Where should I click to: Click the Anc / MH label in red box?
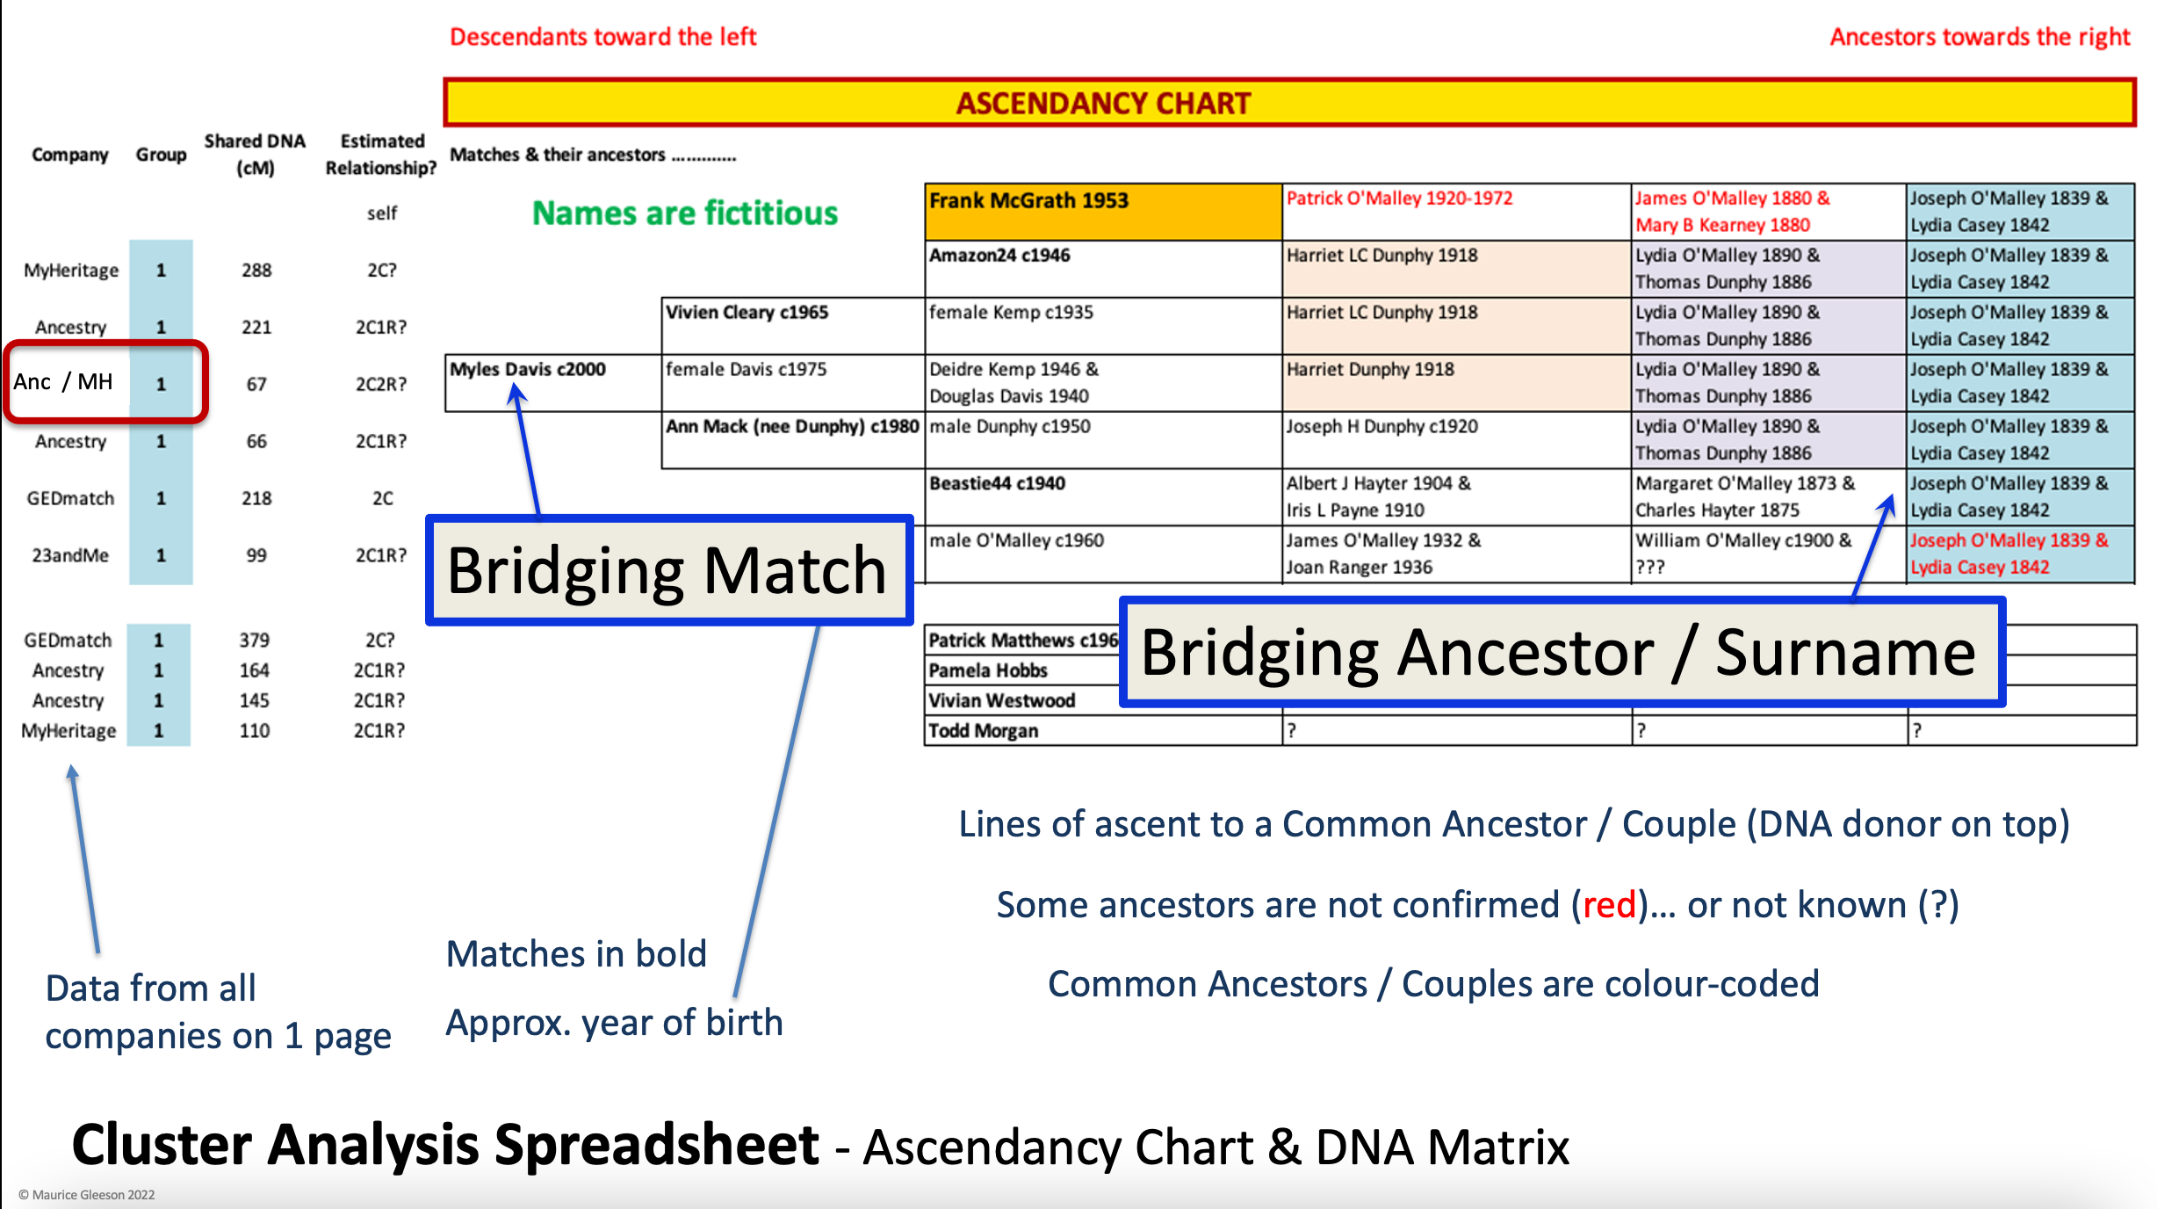(x=63, y=381)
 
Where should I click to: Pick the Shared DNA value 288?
(x=256, y=270)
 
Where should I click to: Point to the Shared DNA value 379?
(x=254, y=640)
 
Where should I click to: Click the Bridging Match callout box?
(x=668, y=570)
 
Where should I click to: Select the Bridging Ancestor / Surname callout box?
(x=1561, y=652)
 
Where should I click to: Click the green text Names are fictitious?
(x=685, y=213)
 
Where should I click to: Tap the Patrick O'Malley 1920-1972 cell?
(x=1454, y=211)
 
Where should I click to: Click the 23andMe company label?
(x=70, y=555)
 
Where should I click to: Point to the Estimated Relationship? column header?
(x=381, y=154)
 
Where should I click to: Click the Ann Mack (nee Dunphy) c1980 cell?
(x=791, y=439)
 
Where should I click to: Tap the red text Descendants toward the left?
(x=602, y=37)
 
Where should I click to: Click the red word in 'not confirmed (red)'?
(x=1609, y=904)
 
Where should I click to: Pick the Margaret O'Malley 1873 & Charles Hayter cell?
(x=1767, y=496)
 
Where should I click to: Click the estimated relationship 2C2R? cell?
(x=380, y=384)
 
